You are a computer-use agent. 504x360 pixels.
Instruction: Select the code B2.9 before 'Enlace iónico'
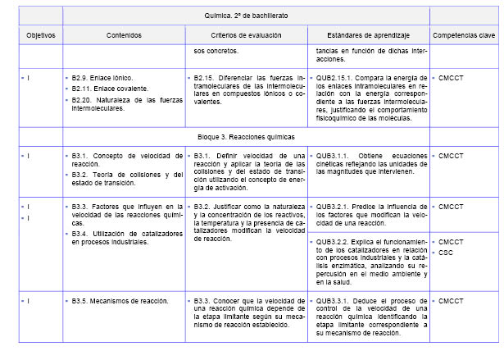[80, 77]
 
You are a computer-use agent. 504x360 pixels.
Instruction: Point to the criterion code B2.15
[205, 77]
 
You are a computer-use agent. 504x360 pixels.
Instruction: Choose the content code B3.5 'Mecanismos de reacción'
[80, 302]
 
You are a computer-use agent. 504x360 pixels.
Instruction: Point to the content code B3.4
[80, 234]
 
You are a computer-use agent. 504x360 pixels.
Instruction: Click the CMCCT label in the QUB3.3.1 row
[451, 302]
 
